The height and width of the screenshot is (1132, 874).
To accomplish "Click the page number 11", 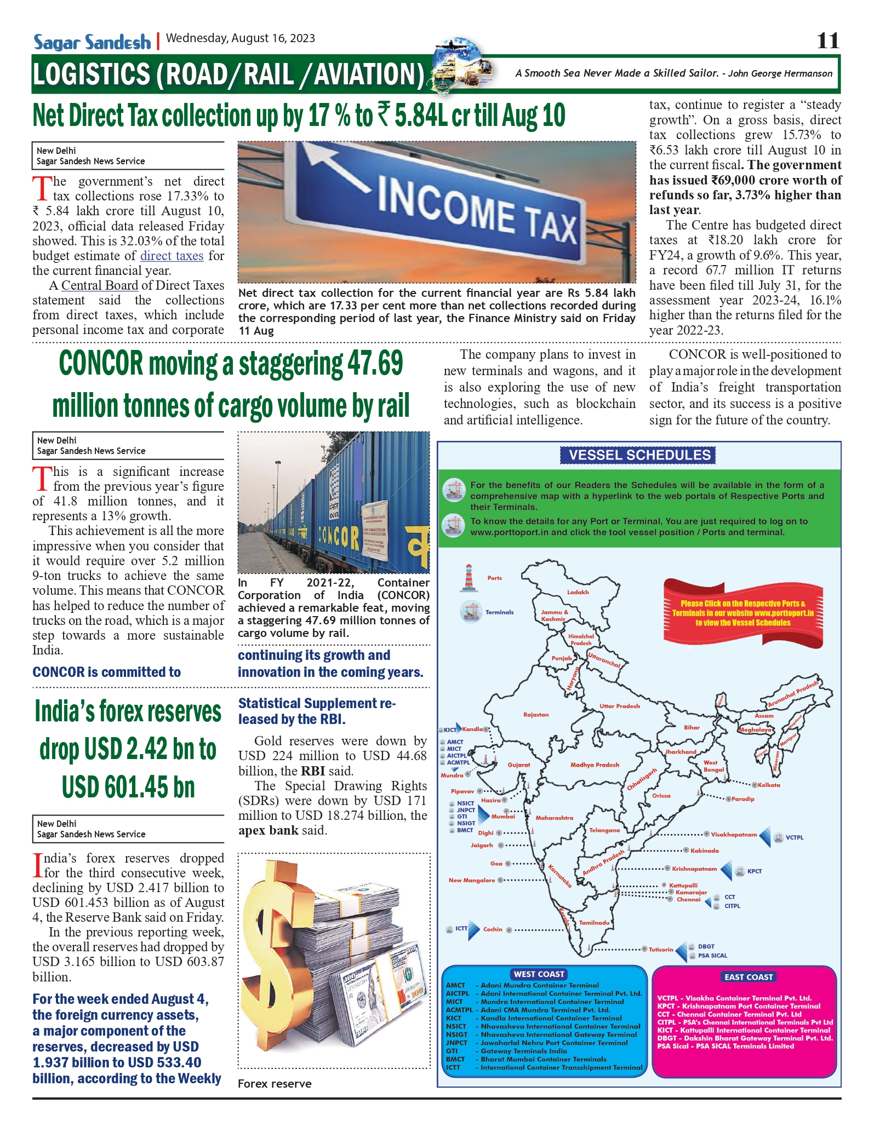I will (827, 41).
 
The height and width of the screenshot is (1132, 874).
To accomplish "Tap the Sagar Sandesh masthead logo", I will (92, 42).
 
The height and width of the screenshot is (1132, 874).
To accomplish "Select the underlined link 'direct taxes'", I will (172, 256).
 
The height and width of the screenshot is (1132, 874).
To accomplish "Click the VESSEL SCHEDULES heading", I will (639, 455).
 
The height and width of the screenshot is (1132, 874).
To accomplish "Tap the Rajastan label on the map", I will (535, 715).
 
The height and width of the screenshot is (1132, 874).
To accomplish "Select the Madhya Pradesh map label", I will (595, 765).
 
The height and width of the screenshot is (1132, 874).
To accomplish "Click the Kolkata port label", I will (769, 785).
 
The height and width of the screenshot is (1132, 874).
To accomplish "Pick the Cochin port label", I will (493, 929).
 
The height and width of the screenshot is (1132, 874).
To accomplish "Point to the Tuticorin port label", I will (661, 950).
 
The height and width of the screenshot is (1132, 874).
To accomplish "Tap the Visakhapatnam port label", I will (734, 835).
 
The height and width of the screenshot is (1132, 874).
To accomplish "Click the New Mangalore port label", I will (472, 880).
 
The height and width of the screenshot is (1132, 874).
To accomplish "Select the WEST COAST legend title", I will (539, 974).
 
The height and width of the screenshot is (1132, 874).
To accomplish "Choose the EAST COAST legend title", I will (748, 977).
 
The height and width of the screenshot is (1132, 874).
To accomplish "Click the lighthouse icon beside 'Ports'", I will (469, 578).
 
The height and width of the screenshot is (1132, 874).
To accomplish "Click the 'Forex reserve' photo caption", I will (275, 1084).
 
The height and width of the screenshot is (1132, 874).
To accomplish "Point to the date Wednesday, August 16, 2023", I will (241, 38).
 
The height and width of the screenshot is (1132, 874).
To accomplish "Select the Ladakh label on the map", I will (578, 592).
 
